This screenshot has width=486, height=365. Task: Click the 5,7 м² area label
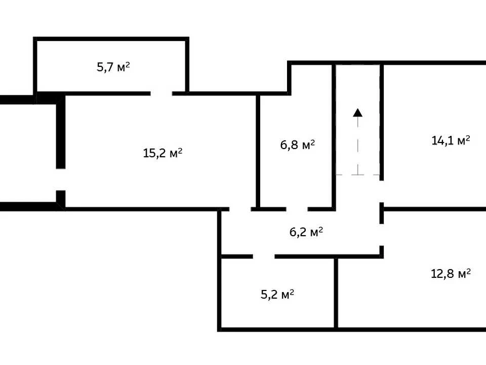pyautogui.click(x=113, y=67)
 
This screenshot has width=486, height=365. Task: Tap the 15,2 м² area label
pyautogui.click(x=163, y=153)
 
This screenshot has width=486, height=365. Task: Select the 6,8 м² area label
pyautogui.click(x=298, y=144)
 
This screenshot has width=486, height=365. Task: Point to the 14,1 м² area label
pyautogui.click(x=451, y=140)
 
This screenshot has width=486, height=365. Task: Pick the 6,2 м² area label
pyautogui.click(x=306, y=232)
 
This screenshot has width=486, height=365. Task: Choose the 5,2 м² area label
pyautogui.click(x=277, y=294)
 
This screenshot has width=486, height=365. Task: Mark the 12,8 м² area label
pyautogui.click(x=451, y=273)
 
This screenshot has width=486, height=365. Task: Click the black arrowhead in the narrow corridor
pyautogui.click(x=358, y=113)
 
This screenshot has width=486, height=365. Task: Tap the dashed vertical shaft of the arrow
pyautogui.click(x=358, y=145)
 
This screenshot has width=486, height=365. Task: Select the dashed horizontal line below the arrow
pyautogui.click(x=358, y=174)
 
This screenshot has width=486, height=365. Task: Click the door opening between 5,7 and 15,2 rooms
pyautogui.click(x=161, y=93)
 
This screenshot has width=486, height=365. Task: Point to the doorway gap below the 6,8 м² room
pyautogui.click(x=297, y=209)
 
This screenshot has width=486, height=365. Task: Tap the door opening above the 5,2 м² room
pyautogui.click(x=264, y=257)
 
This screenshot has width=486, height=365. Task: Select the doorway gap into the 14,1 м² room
pyautogui.click(x=382, y=192)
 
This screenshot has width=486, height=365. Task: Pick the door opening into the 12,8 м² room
pyautogui.click(x=382, y=235)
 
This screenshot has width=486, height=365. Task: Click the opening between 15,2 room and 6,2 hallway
pyautogui.click(x=240, y=209)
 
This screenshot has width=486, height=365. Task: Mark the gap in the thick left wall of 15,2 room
pyautogui.click(x=61, y=179)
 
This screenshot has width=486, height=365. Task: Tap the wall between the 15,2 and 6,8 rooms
pyautogui.click(x=258, y=151)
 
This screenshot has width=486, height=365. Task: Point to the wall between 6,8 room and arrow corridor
pyautogui.click(x=334, y=136)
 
